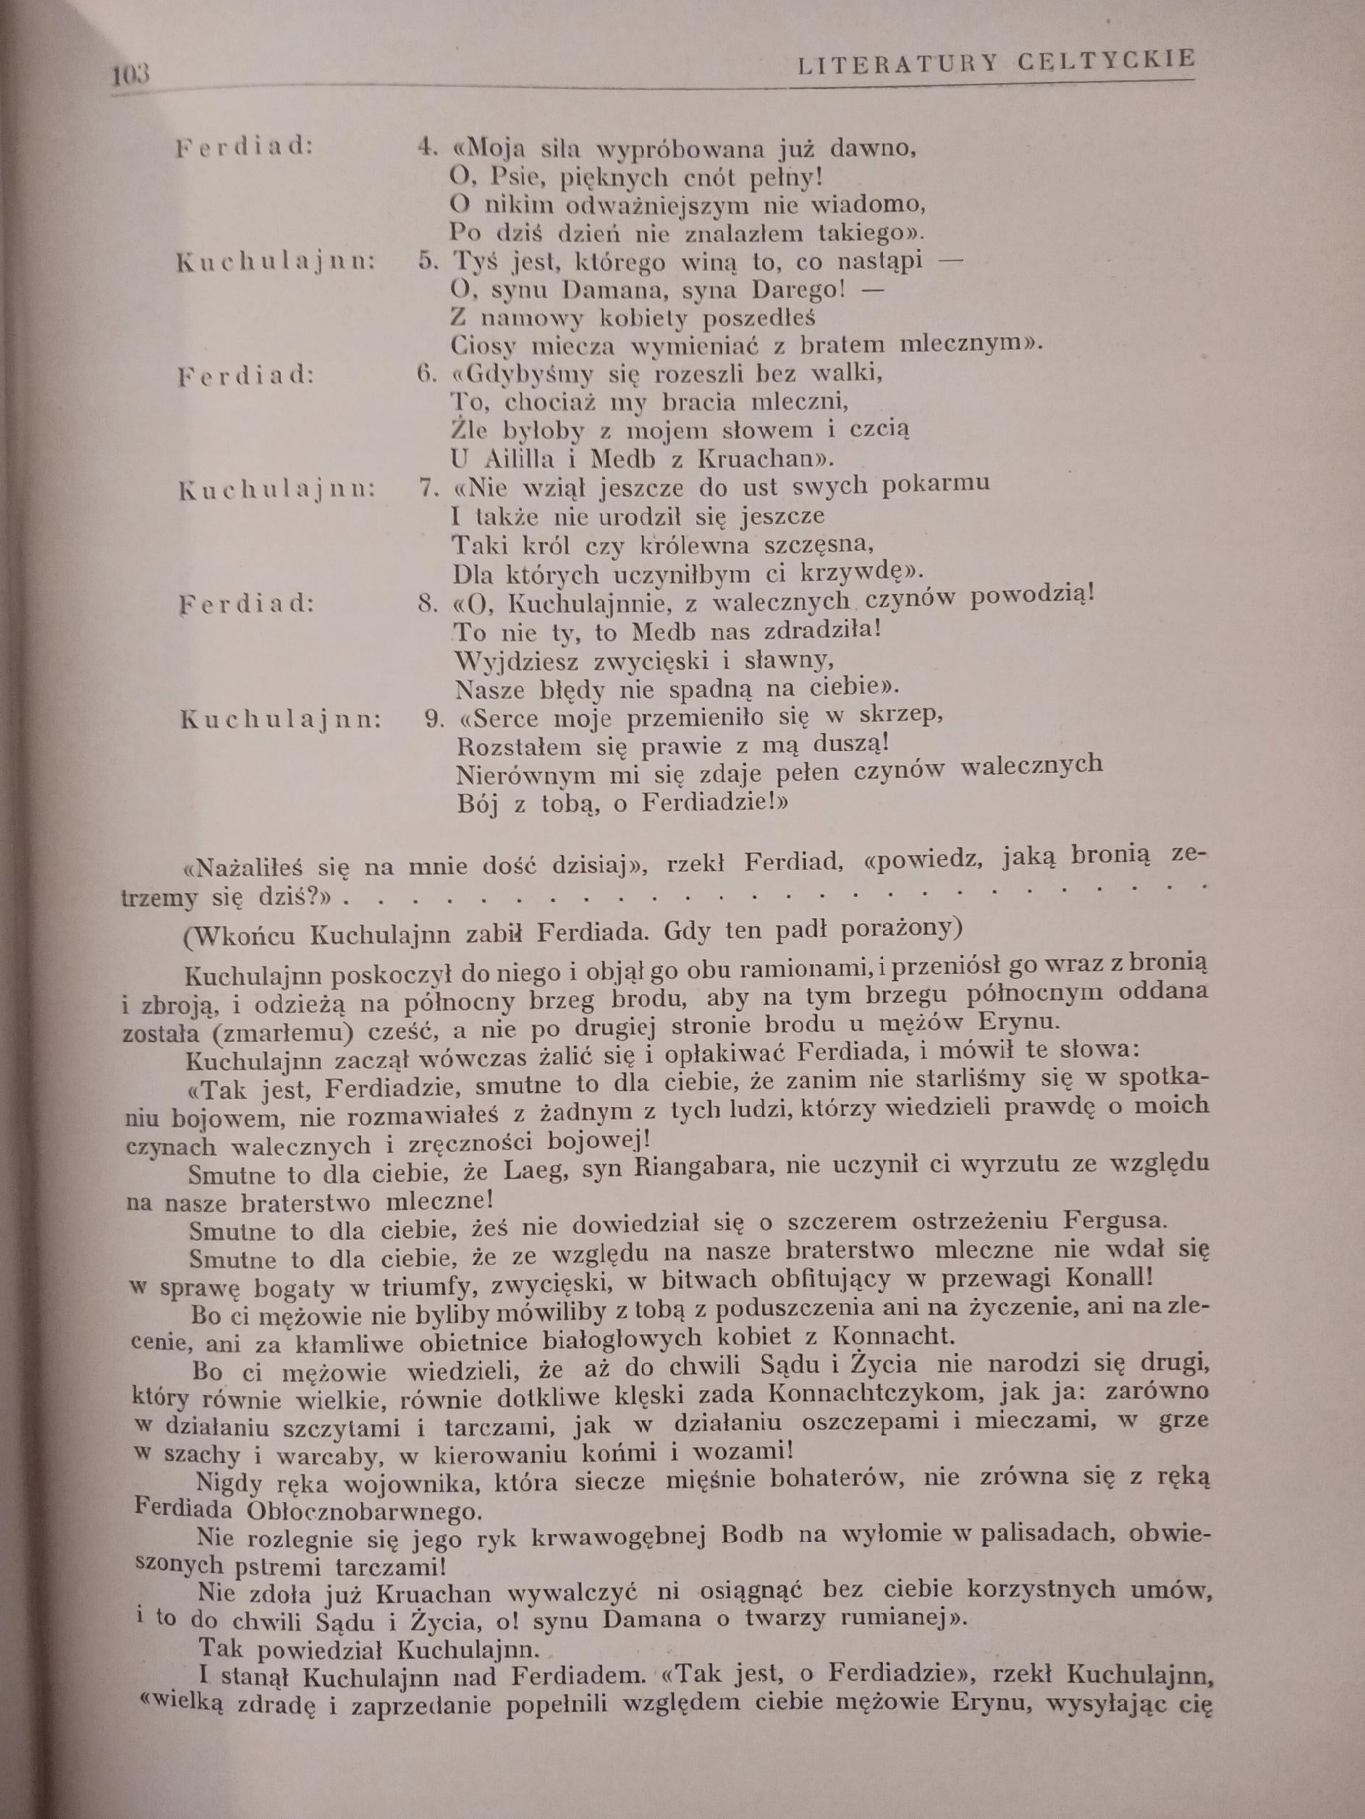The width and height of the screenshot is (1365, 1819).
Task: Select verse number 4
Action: [x=425, y=149]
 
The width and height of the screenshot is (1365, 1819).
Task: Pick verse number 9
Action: [x=434, y=718]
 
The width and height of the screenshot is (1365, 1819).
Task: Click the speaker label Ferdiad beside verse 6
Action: [x=246, y=376]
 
